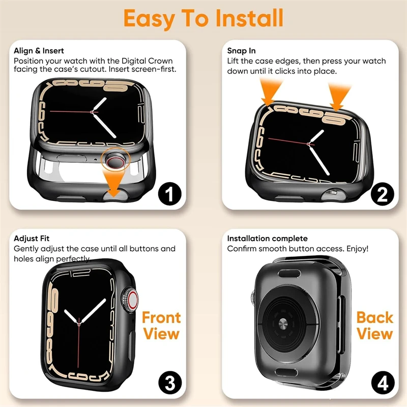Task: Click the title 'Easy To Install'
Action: pos(203,18)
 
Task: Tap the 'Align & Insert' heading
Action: pos(39,50)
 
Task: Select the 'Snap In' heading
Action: pos(241,50)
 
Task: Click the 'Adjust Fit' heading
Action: pos(32,238)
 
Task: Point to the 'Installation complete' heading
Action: pos(268,238)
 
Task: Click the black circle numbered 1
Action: pos(170,194)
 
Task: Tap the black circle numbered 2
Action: pos(383,194)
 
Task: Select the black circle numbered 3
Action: pos(170,383)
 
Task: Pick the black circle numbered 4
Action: pos(383,383)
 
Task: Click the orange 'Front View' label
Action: pos(161,326)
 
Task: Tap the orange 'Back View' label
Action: pos(374,326)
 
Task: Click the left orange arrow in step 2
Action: pos(270,93)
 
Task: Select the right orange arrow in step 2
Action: pos(338,97)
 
